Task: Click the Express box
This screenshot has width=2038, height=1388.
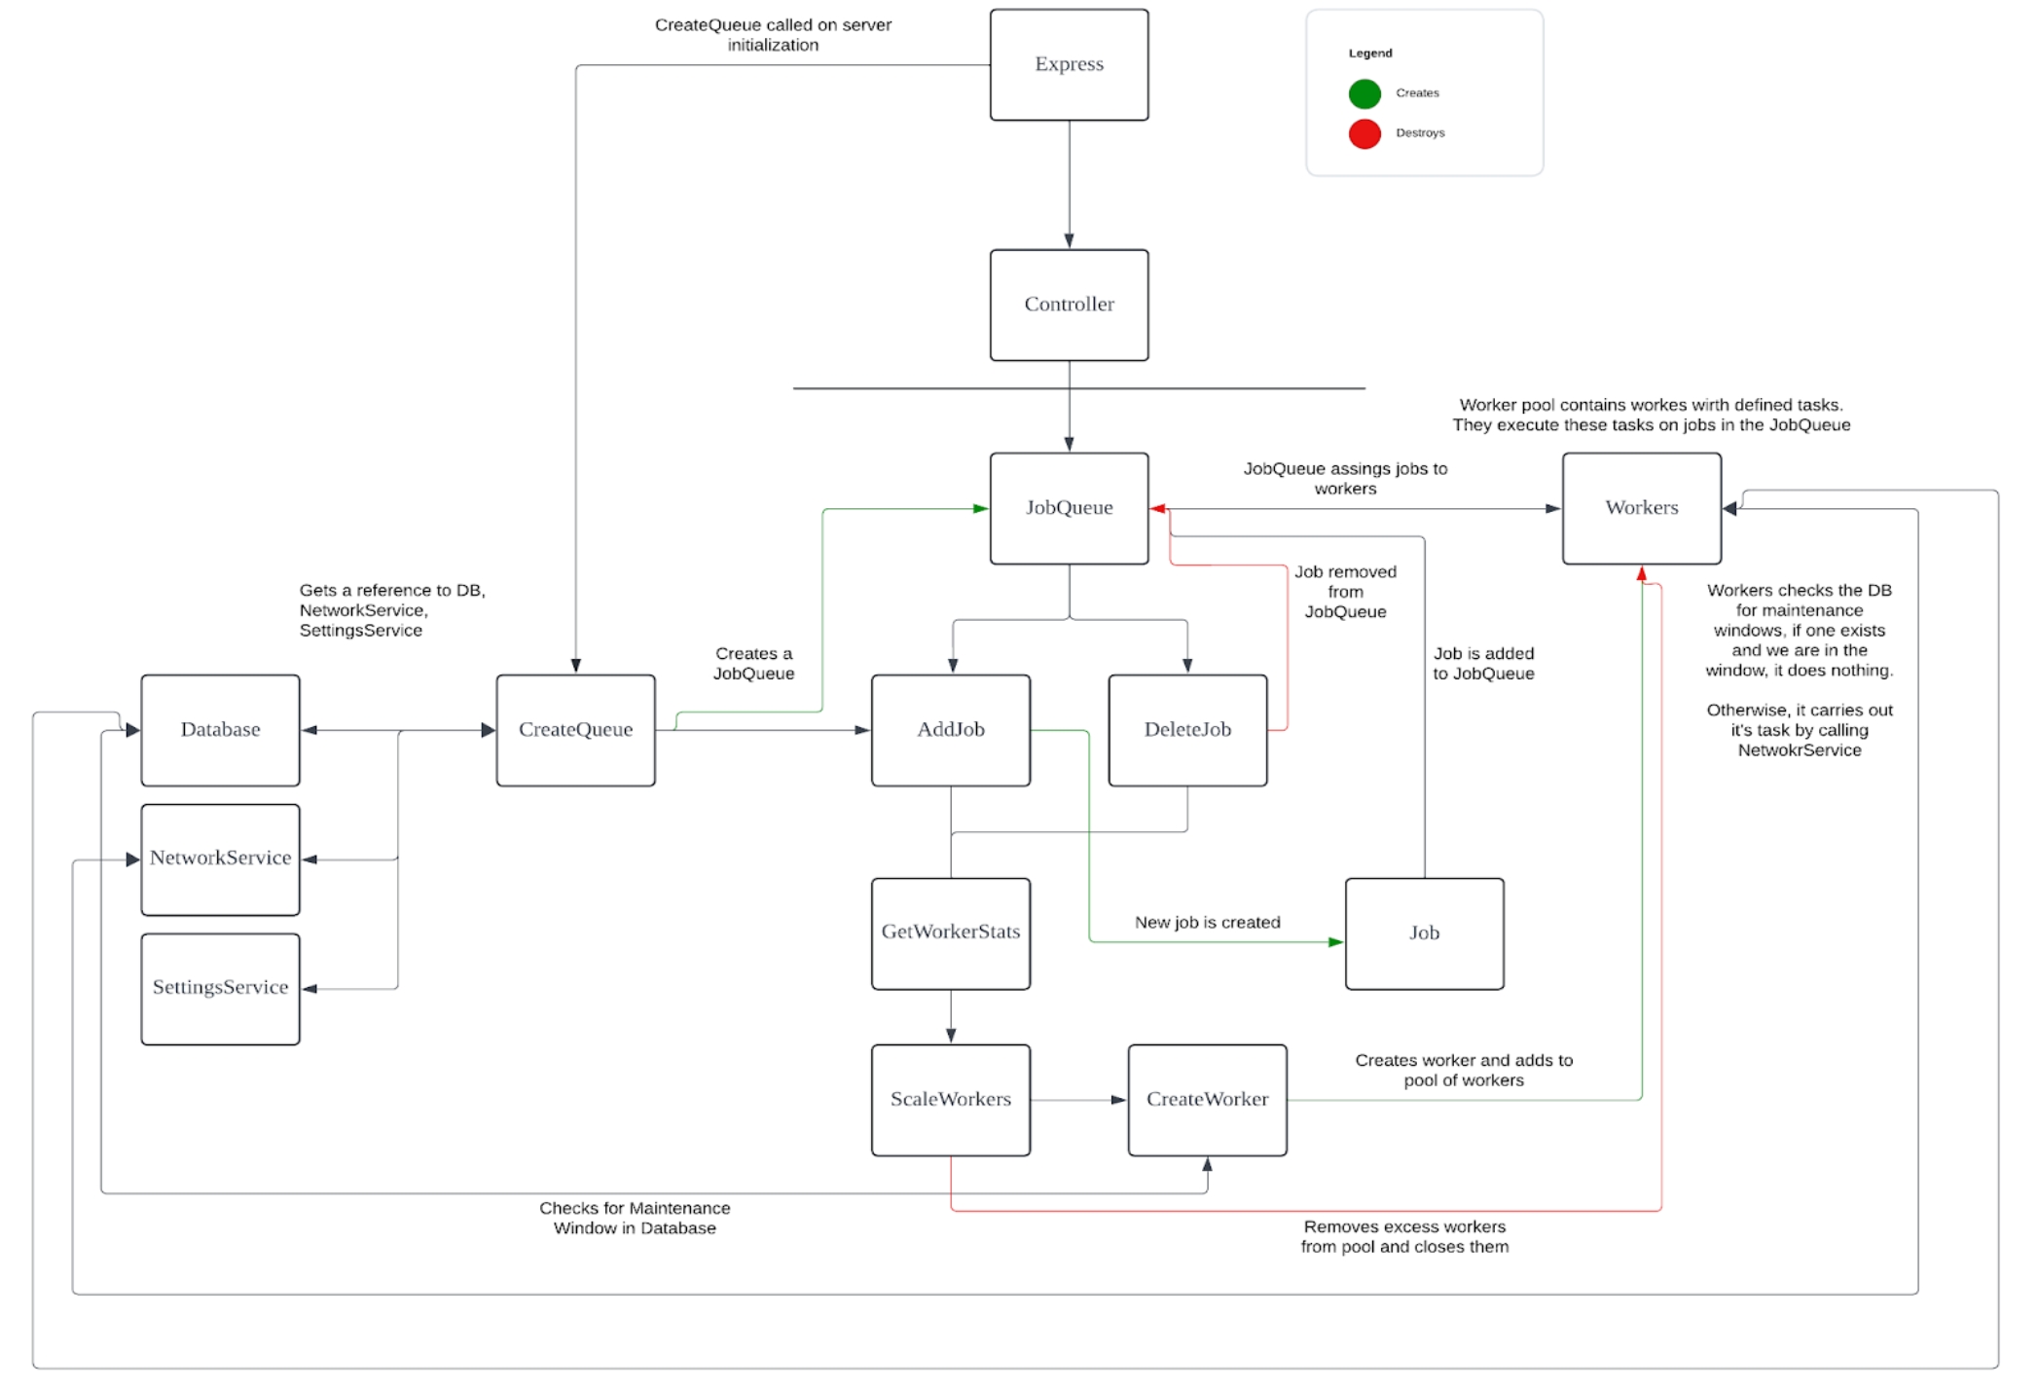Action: click(1069, 65)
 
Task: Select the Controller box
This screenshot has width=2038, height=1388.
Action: click(1069, 305)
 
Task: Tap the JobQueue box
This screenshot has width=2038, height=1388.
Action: click(1069, 508)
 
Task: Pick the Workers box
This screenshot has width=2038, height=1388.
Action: click(1641, 508)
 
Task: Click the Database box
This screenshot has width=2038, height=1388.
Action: click(220, 730)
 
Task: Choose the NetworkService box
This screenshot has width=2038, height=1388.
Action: click(220, 858)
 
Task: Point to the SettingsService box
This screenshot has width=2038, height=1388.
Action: click(220, 988)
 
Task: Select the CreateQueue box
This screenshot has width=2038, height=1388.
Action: click(575, 730)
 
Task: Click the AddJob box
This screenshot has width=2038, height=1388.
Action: click(950, 730)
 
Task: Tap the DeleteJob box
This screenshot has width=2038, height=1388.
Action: click(1187, 730)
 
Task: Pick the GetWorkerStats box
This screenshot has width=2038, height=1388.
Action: click(950, 932)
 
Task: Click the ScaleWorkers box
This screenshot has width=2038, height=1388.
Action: click(950, 1100)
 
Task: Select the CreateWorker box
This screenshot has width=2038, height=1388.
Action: click(1207, 1100)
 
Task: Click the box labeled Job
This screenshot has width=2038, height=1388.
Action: click(1424, 933)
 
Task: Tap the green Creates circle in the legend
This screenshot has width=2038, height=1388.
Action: click(1365, 93)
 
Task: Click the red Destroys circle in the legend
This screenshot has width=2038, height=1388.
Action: click(1365, 133)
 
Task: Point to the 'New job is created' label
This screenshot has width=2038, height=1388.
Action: click(1207, 922)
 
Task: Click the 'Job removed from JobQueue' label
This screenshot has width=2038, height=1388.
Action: click(1345, 592)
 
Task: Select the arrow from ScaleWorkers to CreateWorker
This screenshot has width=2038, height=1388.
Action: click(1078, 1100)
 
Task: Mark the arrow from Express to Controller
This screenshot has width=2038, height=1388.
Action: click(1069, 185)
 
